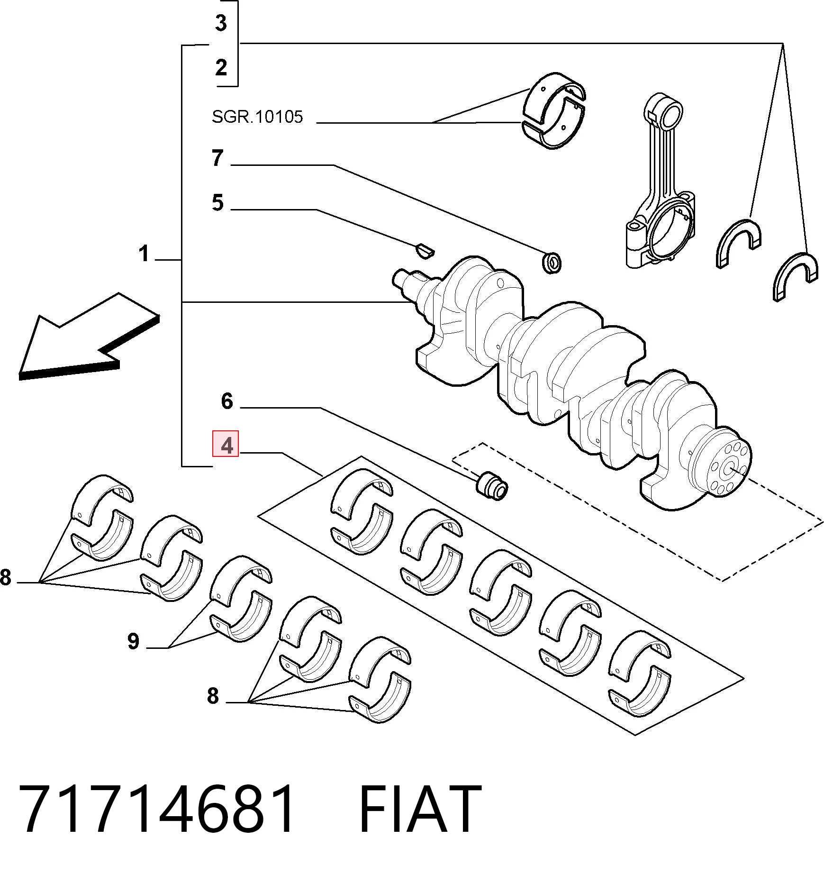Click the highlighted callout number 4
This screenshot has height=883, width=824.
[226, 444]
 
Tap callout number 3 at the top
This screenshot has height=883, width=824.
[221, 22]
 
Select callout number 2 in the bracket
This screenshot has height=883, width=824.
[221, 68]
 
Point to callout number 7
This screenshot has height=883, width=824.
[217, 158]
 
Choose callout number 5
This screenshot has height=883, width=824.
[217, 202]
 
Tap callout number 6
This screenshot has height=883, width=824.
[227, 401]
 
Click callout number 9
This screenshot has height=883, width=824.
[134, 642]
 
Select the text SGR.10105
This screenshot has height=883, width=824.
[257, 116]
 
